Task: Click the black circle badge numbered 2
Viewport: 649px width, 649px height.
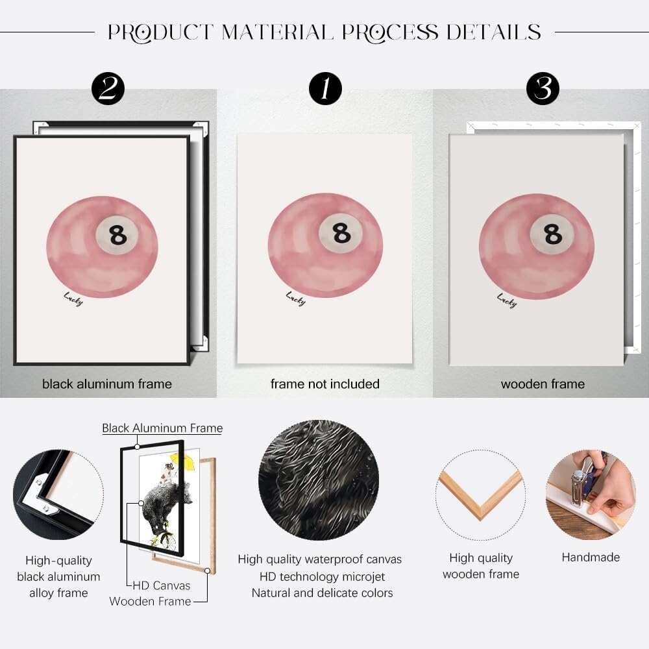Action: pyautogui.click(x=108, y=88)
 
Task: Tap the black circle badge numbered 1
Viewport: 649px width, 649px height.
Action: pyautogui.click(x=325, y=88)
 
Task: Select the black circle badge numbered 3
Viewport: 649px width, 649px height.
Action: pyautogui.click(x=543, y=88)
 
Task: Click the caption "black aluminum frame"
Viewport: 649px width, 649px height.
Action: pyautogui.click(x=107, y=384)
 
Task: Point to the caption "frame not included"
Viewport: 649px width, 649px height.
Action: pyautogui.click(x=325, y=384)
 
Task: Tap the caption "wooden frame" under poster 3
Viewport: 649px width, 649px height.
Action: pyautogui.click(x=543, y=384)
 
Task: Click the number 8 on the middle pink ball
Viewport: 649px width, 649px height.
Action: pyautogui.click(x=341, y=232)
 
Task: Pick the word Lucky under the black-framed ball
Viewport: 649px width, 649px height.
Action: pyautogui.click(x=74, y=299)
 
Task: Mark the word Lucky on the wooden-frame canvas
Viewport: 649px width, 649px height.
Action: pyautogui.click(x=507, y=300)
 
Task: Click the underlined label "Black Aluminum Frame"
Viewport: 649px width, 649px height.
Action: pyautogui.click(x=162, y=428)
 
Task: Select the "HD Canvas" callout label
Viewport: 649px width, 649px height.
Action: pyautogui.click(x=162, y=585)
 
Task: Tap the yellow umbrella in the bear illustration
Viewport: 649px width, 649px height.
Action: pyautogui.click(x=182, y=460)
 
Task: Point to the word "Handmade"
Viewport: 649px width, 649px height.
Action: pyautogui.click(x=591, y=557)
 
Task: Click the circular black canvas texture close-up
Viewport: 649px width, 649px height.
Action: pyautogui.click(x=319, y=480)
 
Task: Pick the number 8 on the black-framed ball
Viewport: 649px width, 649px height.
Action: pyautogui.click(x=118, y=235)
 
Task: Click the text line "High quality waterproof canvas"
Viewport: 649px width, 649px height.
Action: pyautogui.click(x=319, y=559)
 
